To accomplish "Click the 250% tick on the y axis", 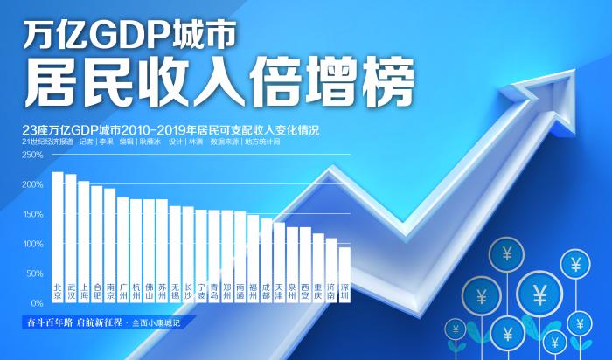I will [x=32, y=155].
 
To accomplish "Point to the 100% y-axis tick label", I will [x=32, y=244].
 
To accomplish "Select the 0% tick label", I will [x=37, y=302].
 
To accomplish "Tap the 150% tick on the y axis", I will [x=32, y=214].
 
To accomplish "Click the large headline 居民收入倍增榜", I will [x=219, y=83].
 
